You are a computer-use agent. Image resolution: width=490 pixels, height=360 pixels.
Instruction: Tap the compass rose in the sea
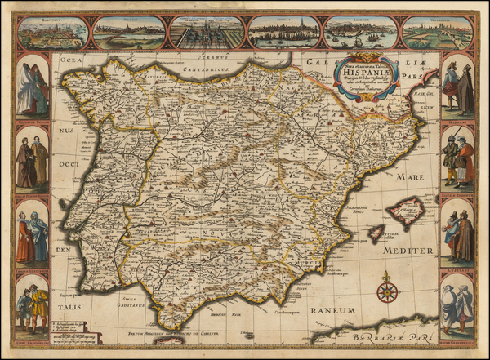(387, 291)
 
